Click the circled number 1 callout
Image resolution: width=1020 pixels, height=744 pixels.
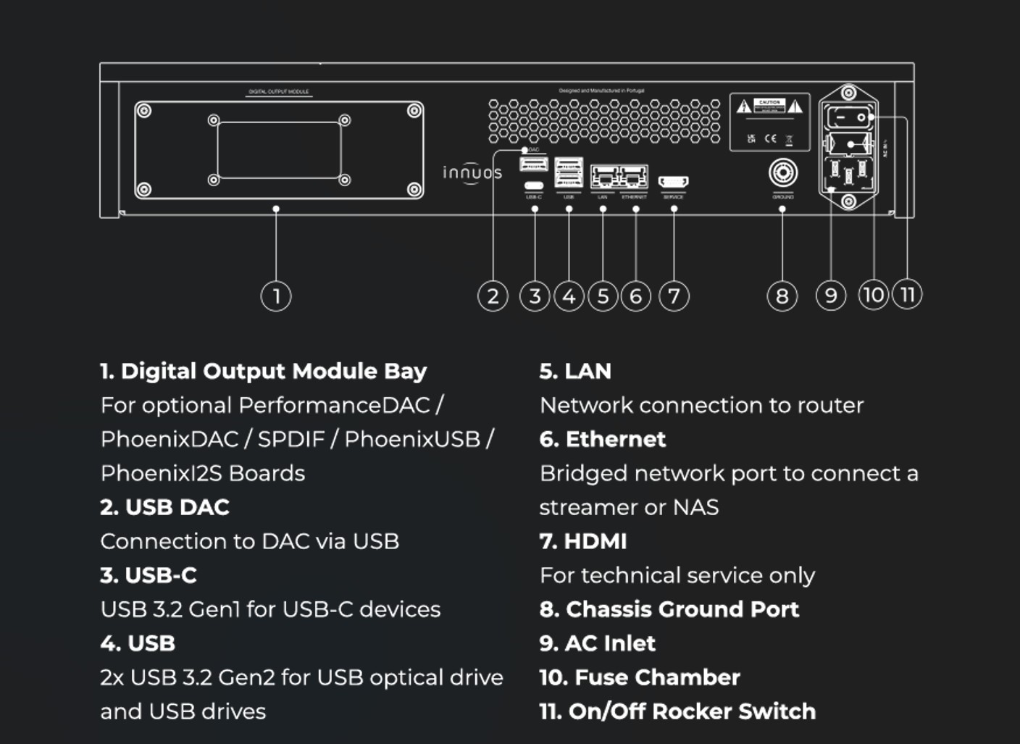click(x=276, y=296)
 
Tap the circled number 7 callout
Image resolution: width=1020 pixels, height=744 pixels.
click(x=674, y=296)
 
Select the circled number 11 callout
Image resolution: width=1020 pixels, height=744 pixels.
click(x=907, y=294)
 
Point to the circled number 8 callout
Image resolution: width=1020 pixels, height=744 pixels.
click(x=782, y=296)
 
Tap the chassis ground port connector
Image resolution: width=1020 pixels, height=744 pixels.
click(x=782, y=173)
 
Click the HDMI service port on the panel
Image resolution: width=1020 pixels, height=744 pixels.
click(x=673, y=181)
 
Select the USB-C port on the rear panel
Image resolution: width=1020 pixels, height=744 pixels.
click(x=534, y=185)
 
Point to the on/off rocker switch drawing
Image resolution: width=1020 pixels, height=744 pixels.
click(x=850, y=116)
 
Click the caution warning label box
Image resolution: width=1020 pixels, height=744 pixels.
click(x=769, y=121)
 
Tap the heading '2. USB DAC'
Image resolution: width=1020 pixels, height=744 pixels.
click(x=165, y=507)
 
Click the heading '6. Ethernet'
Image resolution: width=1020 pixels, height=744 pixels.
click(x=603, y=439)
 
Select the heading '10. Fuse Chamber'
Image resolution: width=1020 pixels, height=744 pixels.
click(x=640, y=677)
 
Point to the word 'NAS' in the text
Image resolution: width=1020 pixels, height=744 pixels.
click(x=695, y=507)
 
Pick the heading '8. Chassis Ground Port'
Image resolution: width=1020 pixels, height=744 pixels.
click(x=669, y=609)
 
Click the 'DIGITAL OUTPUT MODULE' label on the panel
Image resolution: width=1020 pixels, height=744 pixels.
click(x=279, y=92)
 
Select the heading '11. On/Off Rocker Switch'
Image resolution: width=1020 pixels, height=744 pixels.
click(x=677, y=711)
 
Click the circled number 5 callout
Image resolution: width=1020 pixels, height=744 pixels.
click(x=603, y=296)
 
